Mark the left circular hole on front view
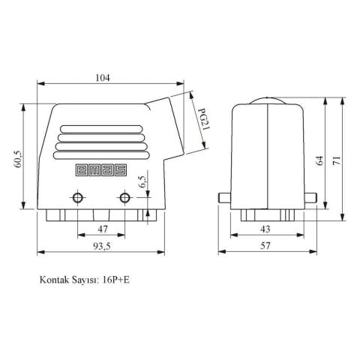[x=77, y=198]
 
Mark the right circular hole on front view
[x=124, y=198]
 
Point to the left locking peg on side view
[x=223, y=199]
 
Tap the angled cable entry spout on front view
[x=168, y=127]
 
